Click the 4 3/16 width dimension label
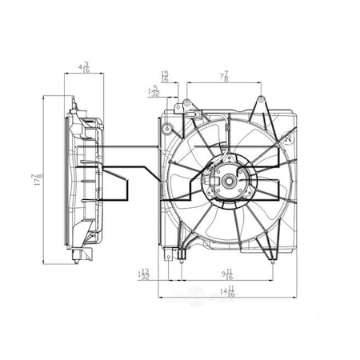pos(83,66)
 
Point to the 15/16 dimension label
pos(164,76)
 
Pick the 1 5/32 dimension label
pos(153,91)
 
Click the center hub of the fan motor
pos(229,181)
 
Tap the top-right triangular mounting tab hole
pos(262,102)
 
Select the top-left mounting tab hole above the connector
pos(186,103)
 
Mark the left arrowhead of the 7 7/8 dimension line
pos(187,82)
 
